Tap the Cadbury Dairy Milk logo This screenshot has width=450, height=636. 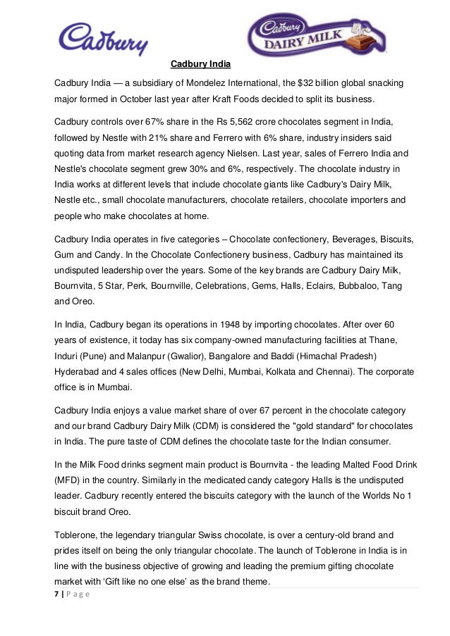point(317,36)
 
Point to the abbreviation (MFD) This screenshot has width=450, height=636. point(70,477)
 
